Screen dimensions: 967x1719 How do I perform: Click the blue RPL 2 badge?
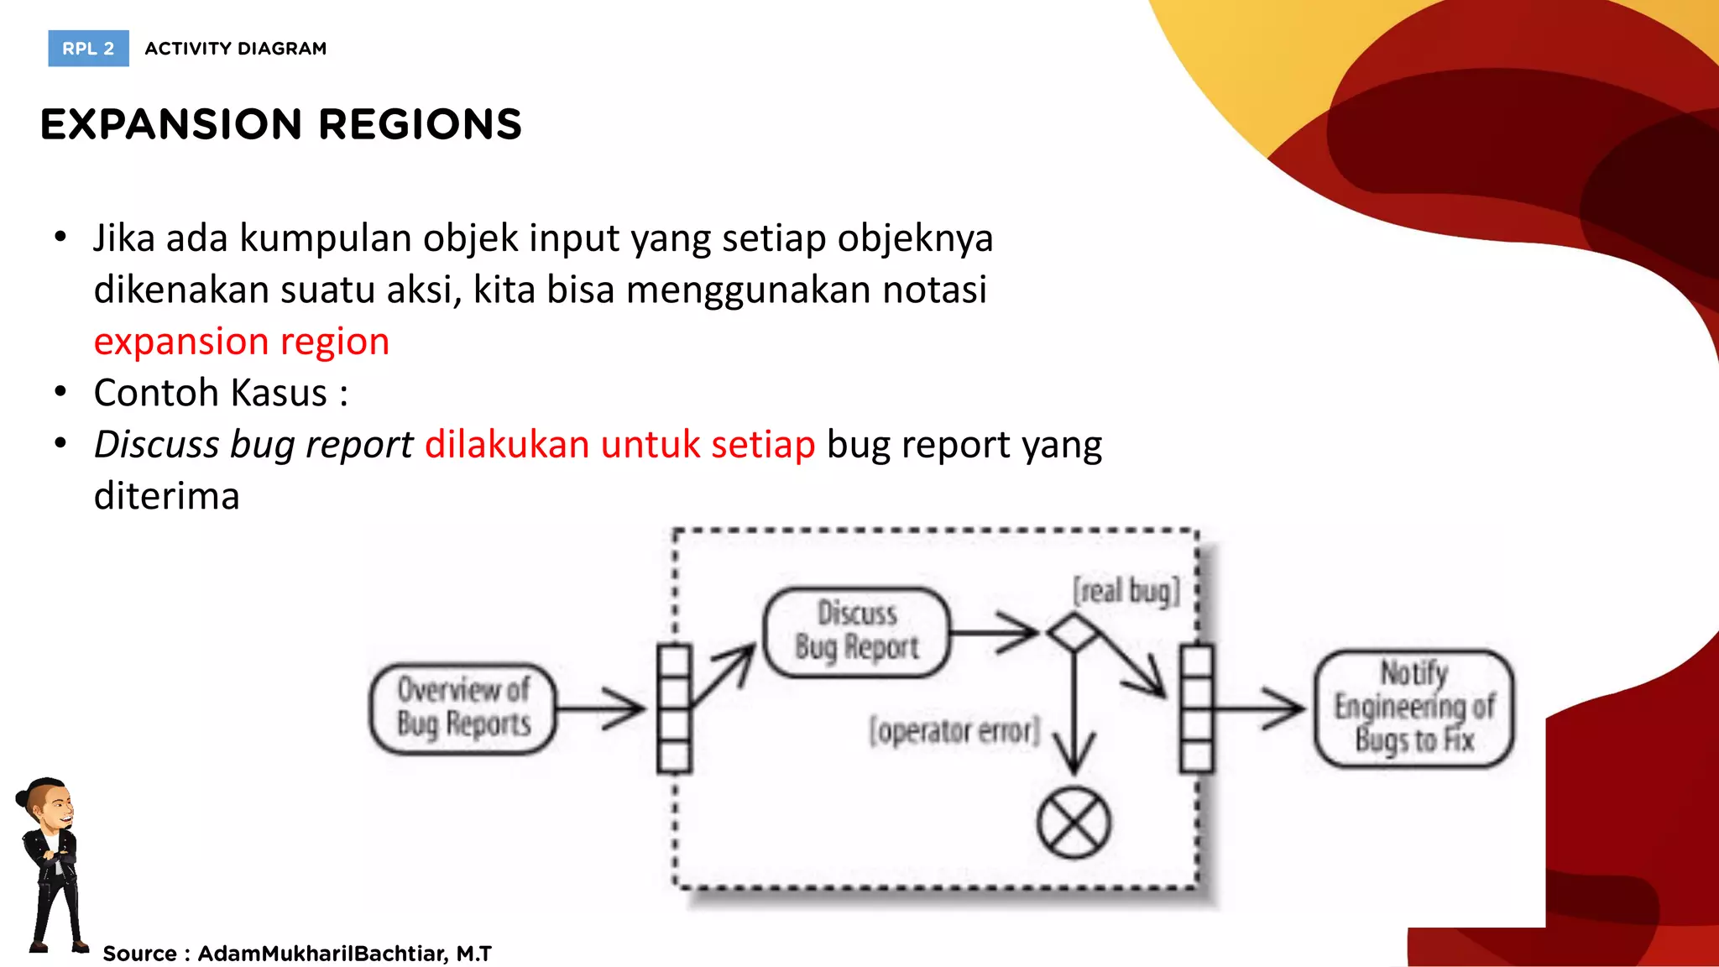(88, 49)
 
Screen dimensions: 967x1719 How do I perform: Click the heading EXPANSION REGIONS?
(281, 124)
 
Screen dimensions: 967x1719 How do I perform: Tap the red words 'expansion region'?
(242, 342)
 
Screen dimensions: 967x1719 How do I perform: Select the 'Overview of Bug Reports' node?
(463, 708)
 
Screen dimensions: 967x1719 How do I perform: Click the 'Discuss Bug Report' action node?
(857, 631)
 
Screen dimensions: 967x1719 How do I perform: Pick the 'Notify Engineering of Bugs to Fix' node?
(1414, 708)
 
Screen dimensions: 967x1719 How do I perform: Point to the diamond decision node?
(1074, 632)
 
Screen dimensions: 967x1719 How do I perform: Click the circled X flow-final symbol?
(1074, 823)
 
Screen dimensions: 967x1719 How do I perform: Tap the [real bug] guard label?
(1126, 591)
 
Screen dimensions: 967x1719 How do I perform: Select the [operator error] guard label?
(954, 730)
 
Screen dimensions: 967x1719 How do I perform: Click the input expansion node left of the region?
(674, 708)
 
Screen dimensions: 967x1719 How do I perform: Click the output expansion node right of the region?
(1196, 708)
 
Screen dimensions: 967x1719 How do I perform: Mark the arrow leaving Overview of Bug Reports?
(600, 708)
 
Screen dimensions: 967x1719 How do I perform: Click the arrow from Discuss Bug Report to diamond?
(995, 631)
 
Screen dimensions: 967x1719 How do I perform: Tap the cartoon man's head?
(49, 806)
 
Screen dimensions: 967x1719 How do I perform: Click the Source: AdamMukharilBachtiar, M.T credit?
(297, 954)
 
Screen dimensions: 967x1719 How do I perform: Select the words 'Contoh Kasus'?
(211, 393)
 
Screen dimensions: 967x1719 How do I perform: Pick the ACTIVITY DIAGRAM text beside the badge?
(236, 49)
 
